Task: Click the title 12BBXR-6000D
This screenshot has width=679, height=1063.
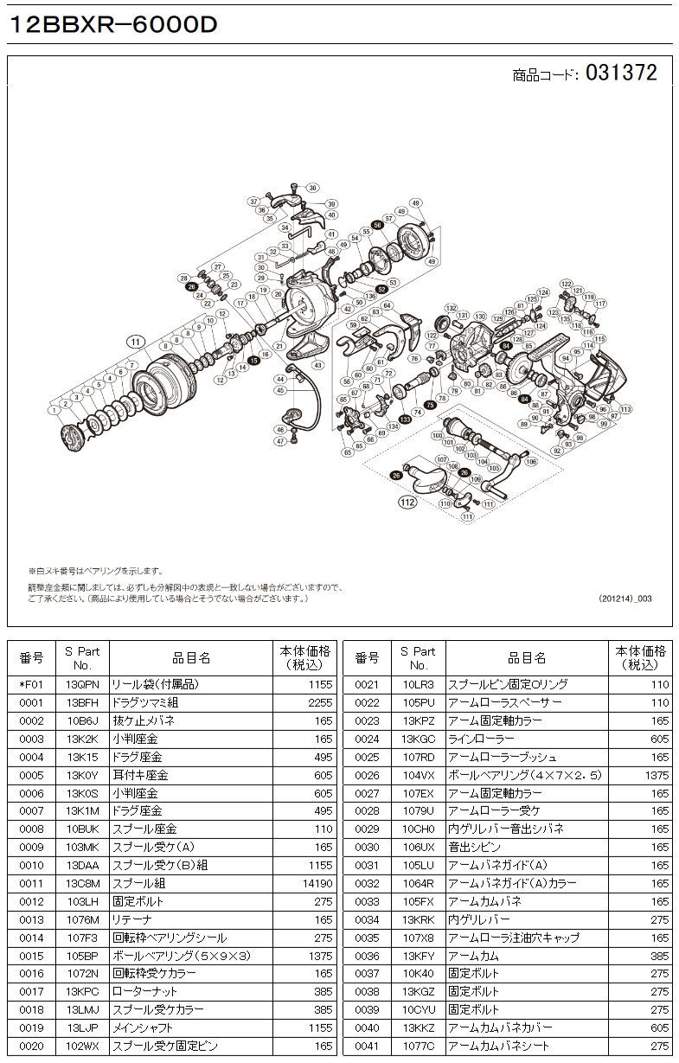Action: click(112, 27)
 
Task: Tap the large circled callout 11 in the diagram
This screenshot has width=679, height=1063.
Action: click(135, 343)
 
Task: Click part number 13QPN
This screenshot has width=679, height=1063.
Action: click(82, 684)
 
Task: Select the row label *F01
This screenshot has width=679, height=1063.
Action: click(31, 684)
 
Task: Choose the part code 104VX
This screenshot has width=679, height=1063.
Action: click(419, 775)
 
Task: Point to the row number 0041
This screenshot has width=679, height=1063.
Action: click(368, 1047)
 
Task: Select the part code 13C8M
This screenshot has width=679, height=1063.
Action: click(82, 883)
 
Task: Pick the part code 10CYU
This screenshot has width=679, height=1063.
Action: click(419, 1010)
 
